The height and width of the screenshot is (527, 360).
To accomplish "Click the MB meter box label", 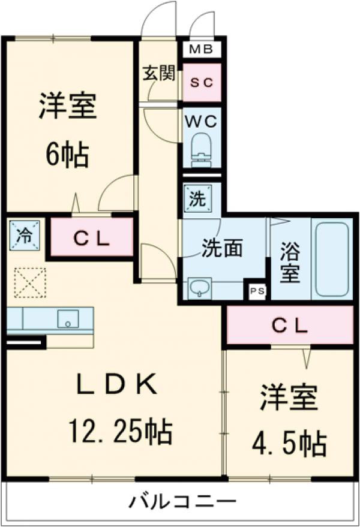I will click(x=202, y=49).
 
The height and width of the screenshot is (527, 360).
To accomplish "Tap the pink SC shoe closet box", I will click(x=202, y=82).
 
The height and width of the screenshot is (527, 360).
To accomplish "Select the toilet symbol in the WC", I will click(x=202, y=149).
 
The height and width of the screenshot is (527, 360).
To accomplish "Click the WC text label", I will click(x=202, y=120).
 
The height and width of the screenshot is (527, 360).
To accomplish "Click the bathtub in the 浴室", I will click(x=332, y=259).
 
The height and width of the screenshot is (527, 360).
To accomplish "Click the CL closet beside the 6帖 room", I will click(x=91, y=239).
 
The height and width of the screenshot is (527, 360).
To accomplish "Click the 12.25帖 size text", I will click(x=119, y=429).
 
